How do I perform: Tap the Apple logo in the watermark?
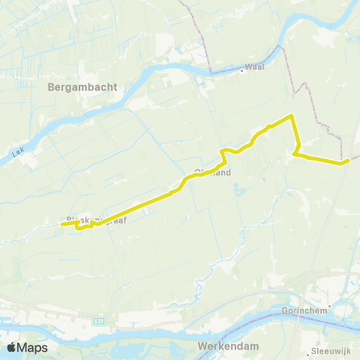tap(13, 347)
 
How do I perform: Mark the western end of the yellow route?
tap(61, 223)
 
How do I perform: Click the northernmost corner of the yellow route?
tap(291, 115)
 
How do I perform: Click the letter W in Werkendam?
tap(203, 346)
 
